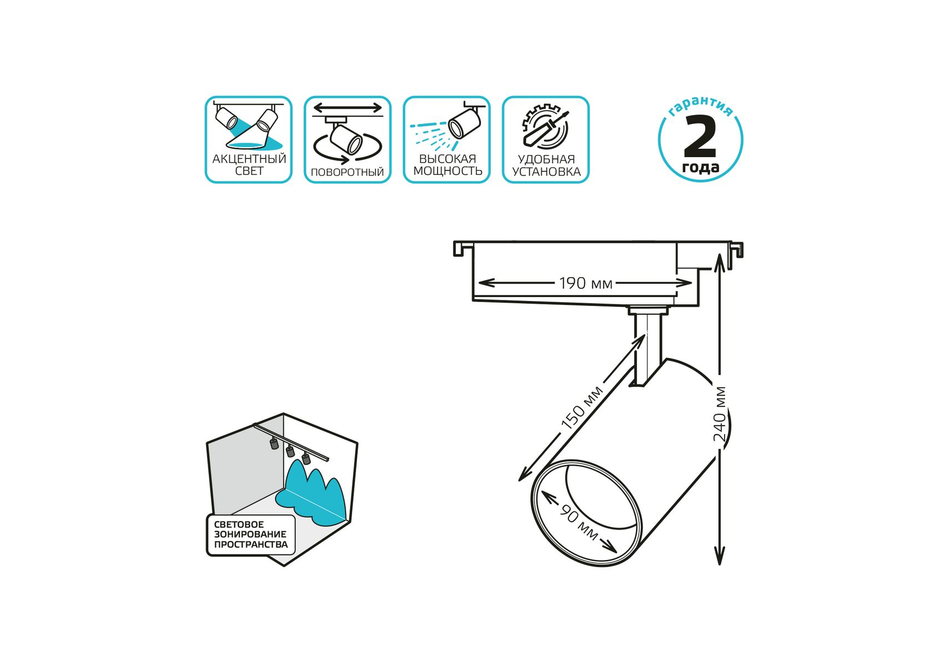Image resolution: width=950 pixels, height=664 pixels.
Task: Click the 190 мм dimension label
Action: pyautogui.click(x=586, y=283)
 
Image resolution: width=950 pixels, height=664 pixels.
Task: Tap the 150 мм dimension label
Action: pyautogui.click(x=582, y=408)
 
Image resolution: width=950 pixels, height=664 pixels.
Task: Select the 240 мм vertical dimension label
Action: pyautogui.click(x=720, y=413)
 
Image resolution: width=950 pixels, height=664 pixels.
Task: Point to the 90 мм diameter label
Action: pyautogui.click(x=579, y=522)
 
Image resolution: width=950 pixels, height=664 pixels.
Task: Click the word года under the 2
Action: pyautogui.click(x=701, y=167)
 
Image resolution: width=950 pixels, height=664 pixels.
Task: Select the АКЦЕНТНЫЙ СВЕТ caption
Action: pyautogui.click(x=249, y=164)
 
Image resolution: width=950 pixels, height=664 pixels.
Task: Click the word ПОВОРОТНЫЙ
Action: pyautogui.click(x=347, y=172)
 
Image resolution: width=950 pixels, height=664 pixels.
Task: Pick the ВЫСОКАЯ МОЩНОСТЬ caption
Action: pyautogui.click(x=448, y=165)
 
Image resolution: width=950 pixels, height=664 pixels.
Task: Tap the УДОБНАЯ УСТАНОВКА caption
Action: pyautogui.click(x=546, y=165)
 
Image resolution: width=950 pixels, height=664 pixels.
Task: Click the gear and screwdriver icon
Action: pyautogui.click(x=546, y=127)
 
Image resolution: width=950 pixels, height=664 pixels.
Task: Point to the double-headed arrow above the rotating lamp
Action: pyautogui.click(x=348, y=107)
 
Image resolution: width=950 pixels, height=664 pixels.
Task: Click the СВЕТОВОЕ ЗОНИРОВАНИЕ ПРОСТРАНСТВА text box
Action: pyautogui.click(x=251, y=535)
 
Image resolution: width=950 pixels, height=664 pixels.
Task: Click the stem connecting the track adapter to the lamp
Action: pyautogui.click(x=647, y=349)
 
